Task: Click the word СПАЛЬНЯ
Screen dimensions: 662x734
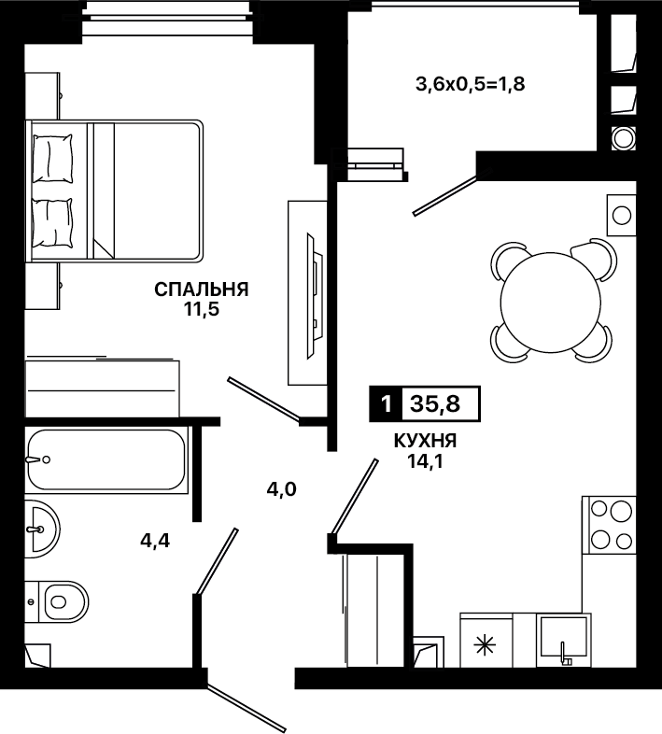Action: pyautogui.click(x=202, y=289)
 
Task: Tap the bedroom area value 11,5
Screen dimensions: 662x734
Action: pyautogui.click(x=202, y=309)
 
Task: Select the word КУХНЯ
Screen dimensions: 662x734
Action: pyautogui.click(x=425, y=441)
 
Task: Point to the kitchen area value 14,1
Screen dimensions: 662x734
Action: pyautogui.click(x=425, y=461)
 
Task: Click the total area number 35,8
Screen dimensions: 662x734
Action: pyautogui.click(x=435, y=403)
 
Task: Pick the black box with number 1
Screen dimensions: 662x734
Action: pyautogui.click(x=386, y=403)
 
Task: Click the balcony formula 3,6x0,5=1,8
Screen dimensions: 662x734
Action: pyautogui.click(x=471, y=84)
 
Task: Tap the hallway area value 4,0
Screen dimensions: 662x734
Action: pyautogui.click(x=281, y=489)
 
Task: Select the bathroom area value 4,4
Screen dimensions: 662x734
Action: pyautogui.click(x=155, y=541)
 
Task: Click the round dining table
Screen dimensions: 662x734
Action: pyautogui.click(x=551, y=303)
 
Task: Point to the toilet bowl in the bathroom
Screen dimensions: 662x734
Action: pyautogui.click(x=65, y=601)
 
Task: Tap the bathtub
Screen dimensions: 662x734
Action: pyautogui.click(x=106, y=459)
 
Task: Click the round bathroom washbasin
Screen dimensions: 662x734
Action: pyautogui.click(x=43, y=529)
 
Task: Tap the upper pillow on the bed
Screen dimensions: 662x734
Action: pyautogui.click(x=52, y=159)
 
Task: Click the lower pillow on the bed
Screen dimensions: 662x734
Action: pyautogui.click(x=52, y=222)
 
